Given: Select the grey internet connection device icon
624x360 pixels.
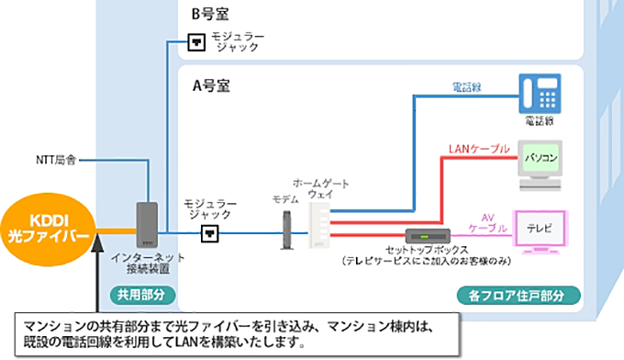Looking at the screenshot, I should [x=147, y=224].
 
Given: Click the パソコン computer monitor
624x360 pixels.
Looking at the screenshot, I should [x=540, y=158].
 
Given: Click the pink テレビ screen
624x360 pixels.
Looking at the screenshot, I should [x=541, y=227].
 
